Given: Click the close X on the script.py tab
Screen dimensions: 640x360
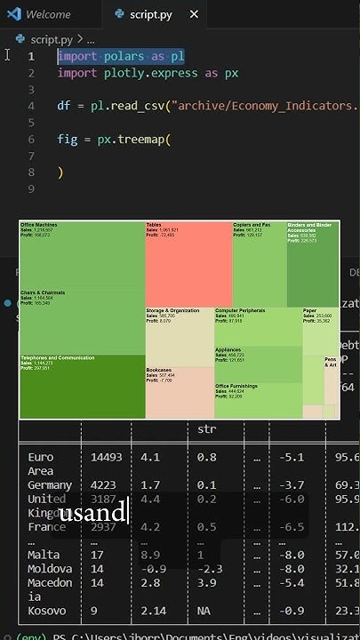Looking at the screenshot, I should tap(195, 15).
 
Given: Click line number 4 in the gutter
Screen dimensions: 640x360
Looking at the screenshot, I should tap(31, 106).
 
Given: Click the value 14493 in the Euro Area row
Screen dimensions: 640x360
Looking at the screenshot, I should tap(106, 457).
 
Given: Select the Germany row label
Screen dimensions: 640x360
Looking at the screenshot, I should tap(50, 485).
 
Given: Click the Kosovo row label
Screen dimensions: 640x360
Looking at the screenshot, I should tap(47, 612).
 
